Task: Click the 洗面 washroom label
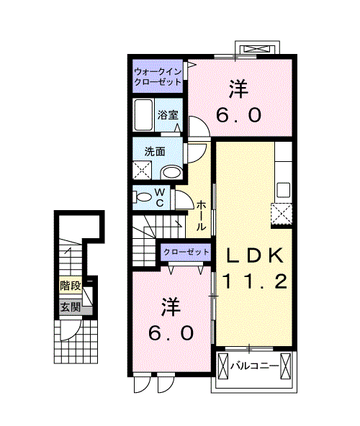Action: click(x=155, y=152)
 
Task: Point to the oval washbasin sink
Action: click(x=171, y=173)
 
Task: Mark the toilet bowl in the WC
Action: click(x=143, y=196)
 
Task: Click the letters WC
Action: click(x=161, y=197)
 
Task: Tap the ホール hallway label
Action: click(x=202, y=215)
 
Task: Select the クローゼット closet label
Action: click(x=186, y=252)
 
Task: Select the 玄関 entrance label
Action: click(x=70, y=308)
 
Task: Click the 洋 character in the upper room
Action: click(x=239, y=89)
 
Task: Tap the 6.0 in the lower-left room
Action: click(x=171, y=333)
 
